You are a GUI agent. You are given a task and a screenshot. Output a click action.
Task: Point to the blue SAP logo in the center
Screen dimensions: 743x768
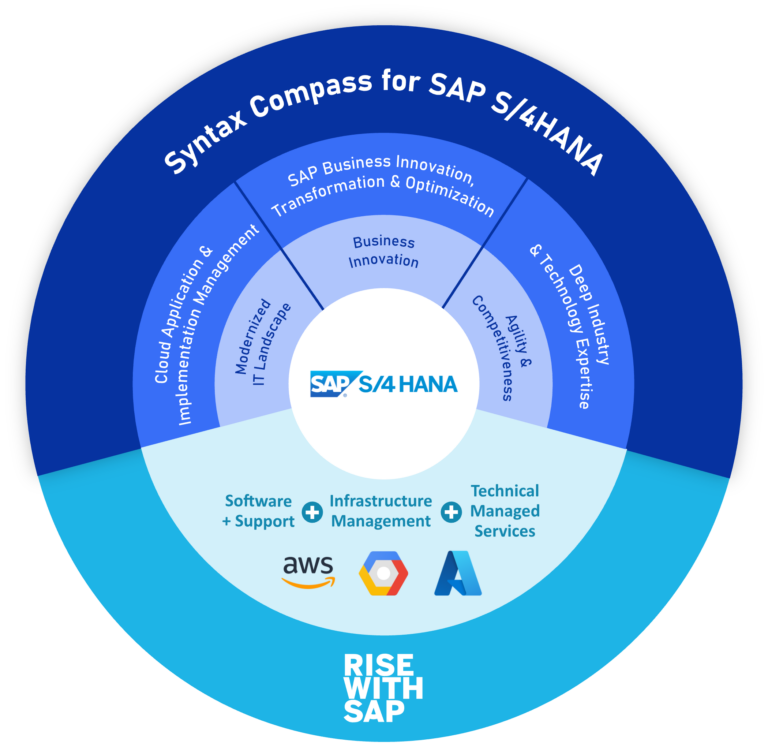click(330, 383)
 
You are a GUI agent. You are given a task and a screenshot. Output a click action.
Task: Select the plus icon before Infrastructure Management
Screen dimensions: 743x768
click(312, 511)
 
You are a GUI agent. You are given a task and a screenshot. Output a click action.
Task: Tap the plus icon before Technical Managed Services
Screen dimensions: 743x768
click(451, 511)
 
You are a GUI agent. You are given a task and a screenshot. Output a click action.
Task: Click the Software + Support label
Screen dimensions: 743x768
click(259, 511)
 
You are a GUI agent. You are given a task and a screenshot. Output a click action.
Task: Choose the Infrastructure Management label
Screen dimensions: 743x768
click(381, 511)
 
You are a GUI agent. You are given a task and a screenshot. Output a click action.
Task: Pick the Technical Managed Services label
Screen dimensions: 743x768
click(505, 511)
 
